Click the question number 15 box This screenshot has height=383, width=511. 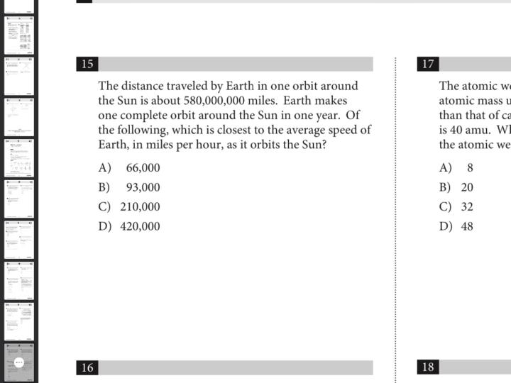[87, 64]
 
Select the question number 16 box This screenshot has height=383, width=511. [87, 367]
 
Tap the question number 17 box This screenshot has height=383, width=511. [428, 64]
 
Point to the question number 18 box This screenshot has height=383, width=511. [428, 367]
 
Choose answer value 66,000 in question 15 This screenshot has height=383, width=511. [143, 168]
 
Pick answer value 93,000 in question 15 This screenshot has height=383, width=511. [143, 188]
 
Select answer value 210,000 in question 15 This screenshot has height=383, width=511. [140, 207]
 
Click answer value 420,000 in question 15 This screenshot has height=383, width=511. [140, 227]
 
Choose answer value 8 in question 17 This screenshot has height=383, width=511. [470, 168]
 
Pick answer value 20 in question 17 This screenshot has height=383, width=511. [467, 188]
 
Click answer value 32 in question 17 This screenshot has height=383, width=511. [467, 207]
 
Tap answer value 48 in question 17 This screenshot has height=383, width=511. [467, 227]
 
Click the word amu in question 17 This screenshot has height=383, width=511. [472, 130]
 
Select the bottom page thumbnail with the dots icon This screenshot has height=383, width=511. [19, 362]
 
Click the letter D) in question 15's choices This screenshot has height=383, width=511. [105, 227]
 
